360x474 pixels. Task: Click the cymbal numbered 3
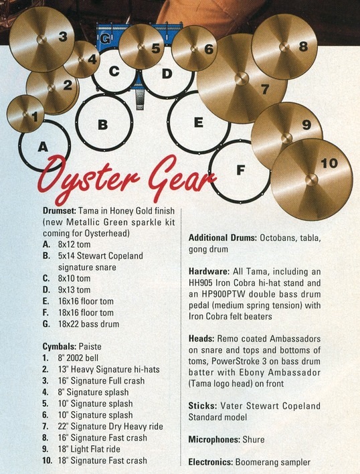coord(41,39)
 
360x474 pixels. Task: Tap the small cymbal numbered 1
coord(25,114)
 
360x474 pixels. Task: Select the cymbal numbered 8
coord(284,47)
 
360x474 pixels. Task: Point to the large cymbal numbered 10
coord(312,179)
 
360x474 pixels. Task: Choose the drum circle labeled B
coord(104,122)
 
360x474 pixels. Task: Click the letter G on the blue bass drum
coord(104,39)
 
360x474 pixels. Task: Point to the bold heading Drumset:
coord(59,211)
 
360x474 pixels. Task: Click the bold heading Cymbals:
coord(59,346)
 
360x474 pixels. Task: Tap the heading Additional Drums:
coord(223,238)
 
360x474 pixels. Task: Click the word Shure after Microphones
coord(254,440)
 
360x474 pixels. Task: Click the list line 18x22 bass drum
coord(88,324)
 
